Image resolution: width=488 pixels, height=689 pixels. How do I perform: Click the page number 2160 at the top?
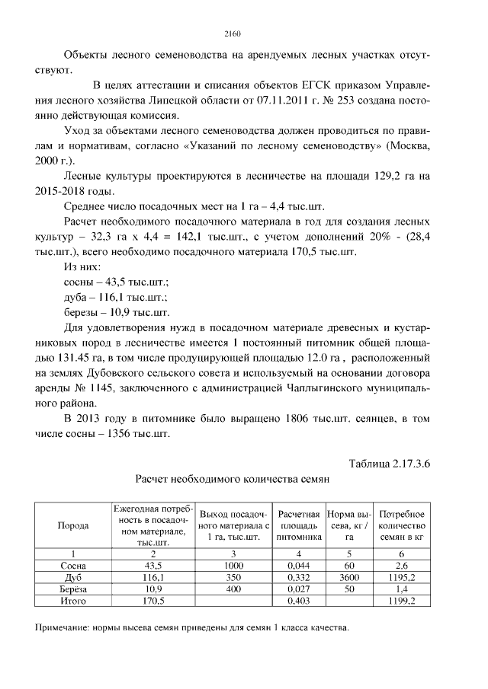[x=233, y=33]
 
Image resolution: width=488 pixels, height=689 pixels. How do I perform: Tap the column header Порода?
[x=73, y=526]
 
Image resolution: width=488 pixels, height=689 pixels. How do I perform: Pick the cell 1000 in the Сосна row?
[x=234, y=566]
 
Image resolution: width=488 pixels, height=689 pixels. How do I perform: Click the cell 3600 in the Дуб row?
[x=348, y=578]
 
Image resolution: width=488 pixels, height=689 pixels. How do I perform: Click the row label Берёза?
[x=73, y=589]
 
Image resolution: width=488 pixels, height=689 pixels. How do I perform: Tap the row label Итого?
[x=73, y=601]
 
